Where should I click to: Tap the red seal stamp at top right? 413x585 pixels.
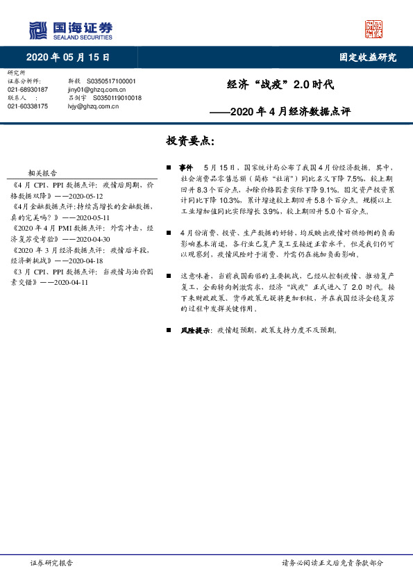coord(374,28)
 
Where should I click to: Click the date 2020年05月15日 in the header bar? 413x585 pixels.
coord(69,58)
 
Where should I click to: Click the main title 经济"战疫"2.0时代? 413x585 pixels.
coord(280,86)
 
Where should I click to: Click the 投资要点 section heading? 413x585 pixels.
coord(190,141)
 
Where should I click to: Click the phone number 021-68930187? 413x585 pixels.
coord(28,90)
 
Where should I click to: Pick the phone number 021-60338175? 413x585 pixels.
coord(28,106)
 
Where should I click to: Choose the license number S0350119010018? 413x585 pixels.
coord(115,98)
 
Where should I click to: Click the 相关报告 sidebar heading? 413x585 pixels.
coord(43,173)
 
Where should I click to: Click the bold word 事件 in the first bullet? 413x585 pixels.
coord(186,168)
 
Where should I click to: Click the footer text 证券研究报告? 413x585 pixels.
coord(51,563)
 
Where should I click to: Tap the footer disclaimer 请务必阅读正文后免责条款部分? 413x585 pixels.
coord(332,563)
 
